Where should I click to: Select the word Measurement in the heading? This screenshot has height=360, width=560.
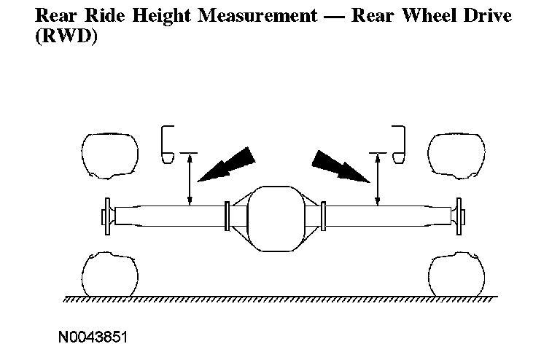pos(257,16)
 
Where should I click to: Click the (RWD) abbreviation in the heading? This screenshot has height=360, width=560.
pos(66,36)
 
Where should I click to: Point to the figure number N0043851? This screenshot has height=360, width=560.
pos(93,337)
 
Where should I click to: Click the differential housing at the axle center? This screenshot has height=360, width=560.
pos(276,219)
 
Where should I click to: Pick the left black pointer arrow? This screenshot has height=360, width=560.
pos(227,164)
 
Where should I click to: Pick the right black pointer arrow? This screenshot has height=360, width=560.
pos(341,166)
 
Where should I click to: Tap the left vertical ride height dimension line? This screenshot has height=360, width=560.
pos(190,179)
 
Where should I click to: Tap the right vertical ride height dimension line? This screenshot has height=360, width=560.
pos(378,179)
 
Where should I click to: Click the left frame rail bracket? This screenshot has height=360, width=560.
pos(163,144)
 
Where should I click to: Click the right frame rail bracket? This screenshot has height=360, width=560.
pos(404,144)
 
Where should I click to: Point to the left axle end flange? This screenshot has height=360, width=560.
pos(106,216)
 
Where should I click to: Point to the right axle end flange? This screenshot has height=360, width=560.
pos(459,216)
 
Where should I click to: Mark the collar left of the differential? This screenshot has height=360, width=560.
pos(227,216)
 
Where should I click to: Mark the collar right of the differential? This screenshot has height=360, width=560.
pos(323,216)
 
